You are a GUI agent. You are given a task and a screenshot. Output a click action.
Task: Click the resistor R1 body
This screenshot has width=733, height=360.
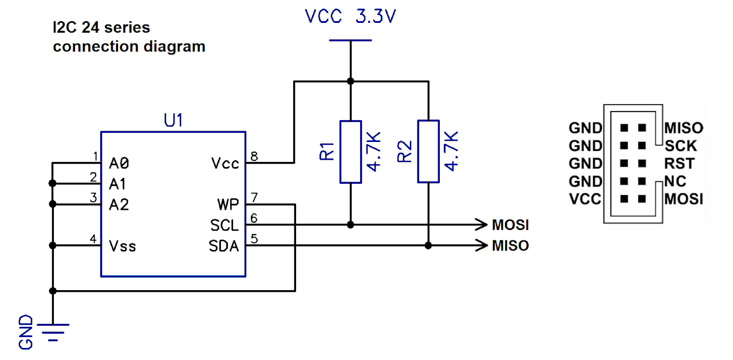tap(350, 152)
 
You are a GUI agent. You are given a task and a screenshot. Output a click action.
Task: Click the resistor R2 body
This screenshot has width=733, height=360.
tap(428, 152)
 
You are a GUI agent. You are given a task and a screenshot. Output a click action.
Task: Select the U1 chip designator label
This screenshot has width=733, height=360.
tap(174, 121)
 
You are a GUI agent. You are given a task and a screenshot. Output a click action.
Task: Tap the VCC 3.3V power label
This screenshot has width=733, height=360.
tap(350, 17)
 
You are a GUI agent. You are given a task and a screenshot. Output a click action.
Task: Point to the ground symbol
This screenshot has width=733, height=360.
tap(53, 331)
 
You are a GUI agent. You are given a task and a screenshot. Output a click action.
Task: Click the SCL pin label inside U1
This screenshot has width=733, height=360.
tap(224, 225)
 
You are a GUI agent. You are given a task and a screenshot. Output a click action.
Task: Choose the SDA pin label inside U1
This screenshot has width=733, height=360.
tap(224, 246)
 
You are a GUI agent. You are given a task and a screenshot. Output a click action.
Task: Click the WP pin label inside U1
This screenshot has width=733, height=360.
tap(228, 205)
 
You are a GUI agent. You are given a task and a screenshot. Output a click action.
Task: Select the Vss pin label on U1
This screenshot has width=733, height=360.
tap(123, 246)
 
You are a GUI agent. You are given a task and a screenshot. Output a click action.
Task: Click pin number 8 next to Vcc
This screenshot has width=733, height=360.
tap(254, 156)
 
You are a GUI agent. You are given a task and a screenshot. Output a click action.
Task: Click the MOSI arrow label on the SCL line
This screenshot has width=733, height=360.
tap(510, 224)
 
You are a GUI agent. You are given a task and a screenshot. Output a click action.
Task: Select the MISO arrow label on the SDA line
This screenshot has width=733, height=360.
tap(510, 246)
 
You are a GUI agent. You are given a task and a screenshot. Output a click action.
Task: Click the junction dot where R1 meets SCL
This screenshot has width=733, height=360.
tap(350, 225)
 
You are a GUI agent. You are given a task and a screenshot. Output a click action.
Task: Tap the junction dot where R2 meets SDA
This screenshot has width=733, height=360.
tap(428, 246)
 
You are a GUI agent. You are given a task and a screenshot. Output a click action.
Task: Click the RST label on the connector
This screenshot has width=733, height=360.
tap(679, 164)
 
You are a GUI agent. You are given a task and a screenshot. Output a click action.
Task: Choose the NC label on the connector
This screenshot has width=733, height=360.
tap(675, 182)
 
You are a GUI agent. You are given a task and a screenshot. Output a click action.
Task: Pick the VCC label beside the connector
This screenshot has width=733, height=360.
tap(585, 199)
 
